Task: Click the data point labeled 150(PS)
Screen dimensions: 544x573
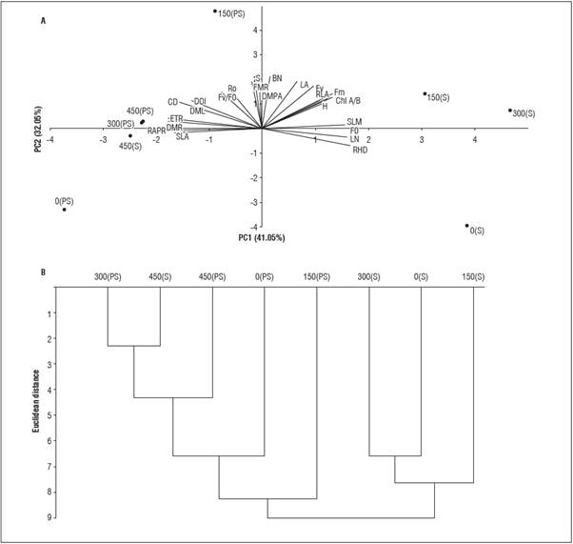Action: click(215, 11)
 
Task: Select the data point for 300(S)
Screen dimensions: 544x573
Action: click(510, 111)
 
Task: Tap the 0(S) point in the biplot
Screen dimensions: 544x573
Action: click(467, 226)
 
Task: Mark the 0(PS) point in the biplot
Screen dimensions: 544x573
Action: click(65, 210)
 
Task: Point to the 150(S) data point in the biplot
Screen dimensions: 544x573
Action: click(425, 93)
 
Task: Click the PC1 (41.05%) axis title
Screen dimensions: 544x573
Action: click(262, 237)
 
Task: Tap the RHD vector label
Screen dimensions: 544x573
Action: click(360, 150)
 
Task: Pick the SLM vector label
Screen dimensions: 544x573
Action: click(355, 122)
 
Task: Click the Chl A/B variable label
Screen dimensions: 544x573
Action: click(348, 100)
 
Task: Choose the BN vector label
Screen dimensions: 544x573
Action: click(277, 78)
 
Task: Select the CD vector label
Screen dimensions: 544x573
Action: click(172, 102)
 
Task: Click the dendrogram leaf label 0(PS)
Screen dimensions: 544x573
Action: click(265, 277)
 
